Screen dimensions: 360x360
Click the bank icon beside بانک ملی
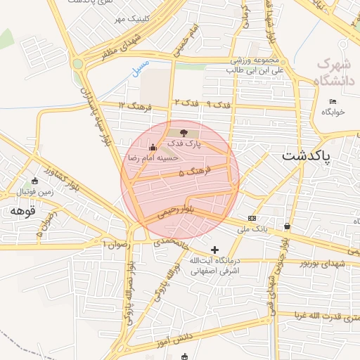click(x=252, y=219)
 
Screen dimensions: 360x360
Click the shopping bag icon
click(x=287, y=226)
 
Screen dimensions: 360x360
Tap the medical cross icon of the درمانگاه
click(x=214, y=250)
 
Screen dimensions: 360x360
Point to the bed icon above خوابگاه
click(x=333, y=102)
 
